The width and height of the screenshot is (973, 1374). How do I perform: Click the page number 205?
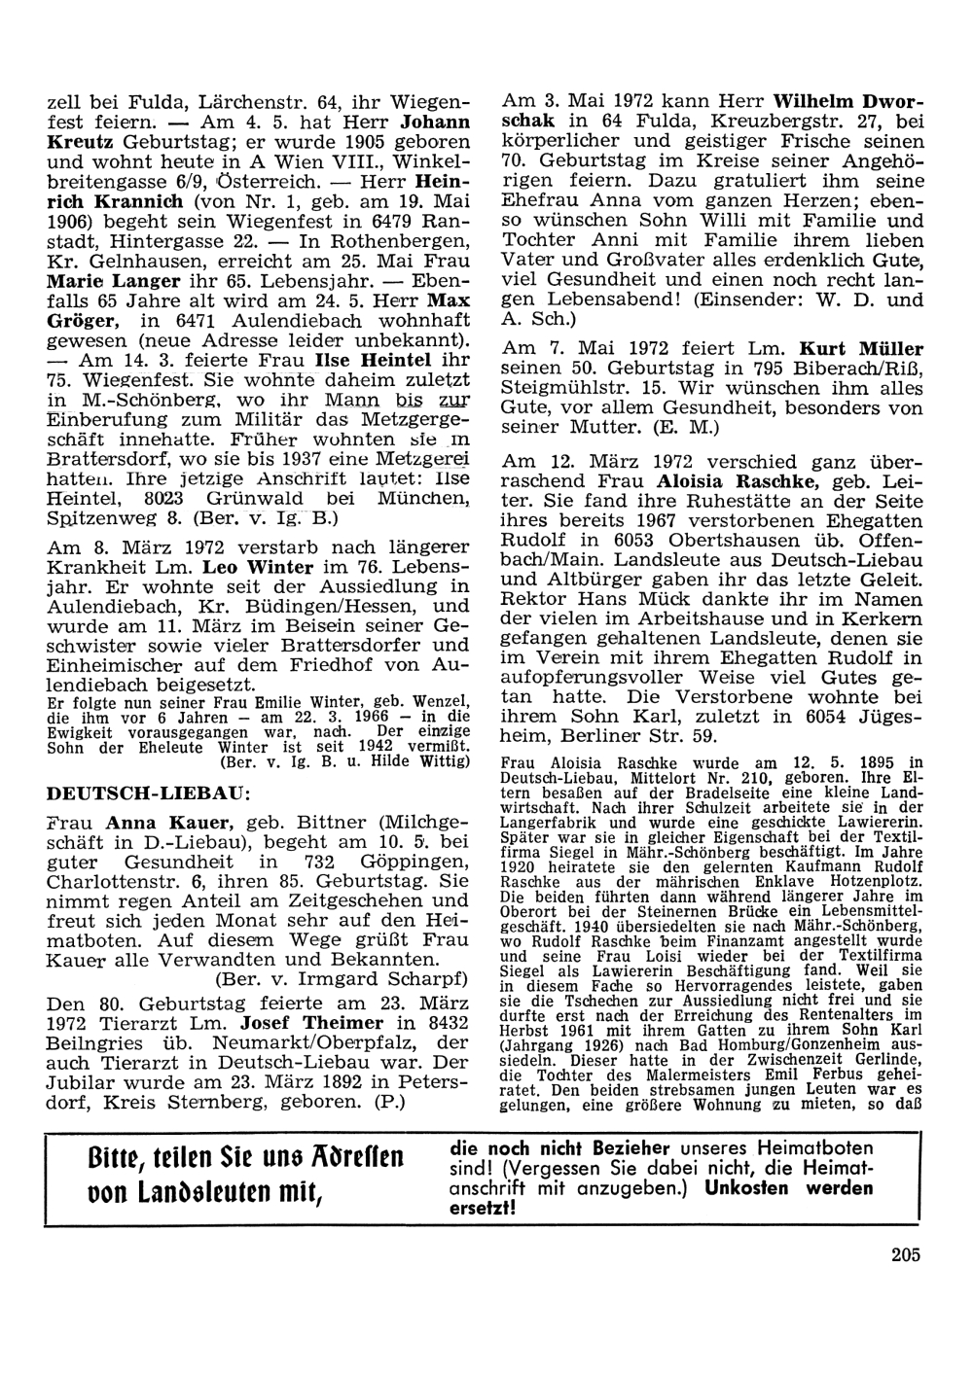click(x=904, y=1253)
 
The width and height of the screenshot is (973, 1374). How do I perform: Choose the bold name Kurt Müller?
click(x=861, y=348)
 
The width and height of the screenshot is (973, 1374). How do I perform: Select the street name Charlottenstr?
click(x=110, y=881)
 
